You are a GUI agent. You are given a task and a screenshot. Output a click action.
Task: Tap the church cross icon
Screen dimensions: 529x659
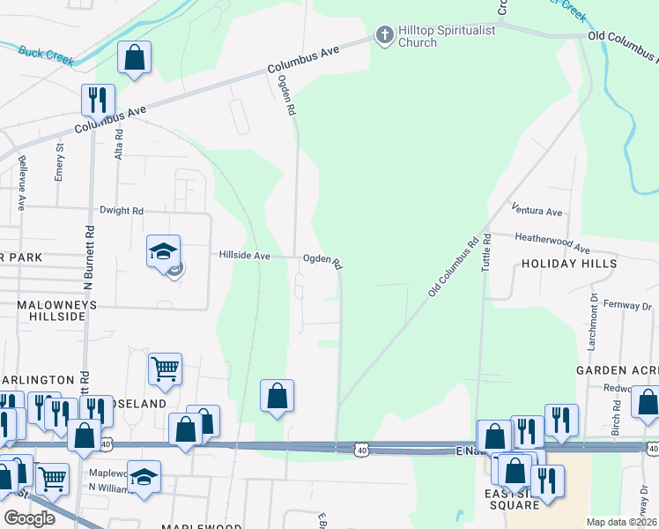point(383,36)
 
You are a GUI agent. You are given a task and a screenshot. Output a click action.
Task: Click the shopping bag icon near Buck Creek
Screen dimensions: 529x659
point(134,58)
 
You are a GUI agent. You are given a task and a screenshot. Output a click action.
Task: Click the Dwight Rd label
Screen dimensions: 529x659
point(121,211)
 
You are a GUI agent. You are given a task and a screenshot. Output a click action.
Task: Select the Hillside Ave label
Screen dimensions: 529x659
point(244,256)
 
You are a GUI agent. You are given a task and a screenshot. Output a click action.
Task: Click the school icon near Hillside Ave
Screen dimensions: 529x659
point(163,253)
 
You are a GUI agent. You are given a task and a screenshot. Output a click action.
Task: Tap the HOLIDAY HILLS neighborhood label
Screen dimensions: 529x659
point(568,264)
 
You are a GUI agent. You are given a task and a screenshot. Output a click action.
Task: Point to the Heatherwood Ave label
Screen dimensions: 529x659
point(552,244)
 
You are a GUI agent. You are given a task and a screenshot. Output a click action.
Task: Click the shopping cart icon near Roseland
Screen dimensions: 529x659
point(165,370)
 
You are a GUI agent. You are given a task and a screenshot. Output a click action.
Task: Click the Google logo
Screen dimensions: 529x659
point(29,518)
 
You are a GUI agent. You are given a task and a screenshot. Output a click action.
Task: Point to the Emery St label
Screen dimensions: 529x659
point(60,162)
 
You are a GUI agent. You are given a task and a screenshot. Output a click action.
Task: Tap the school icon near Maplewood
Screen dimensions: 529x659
point(144,477)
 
